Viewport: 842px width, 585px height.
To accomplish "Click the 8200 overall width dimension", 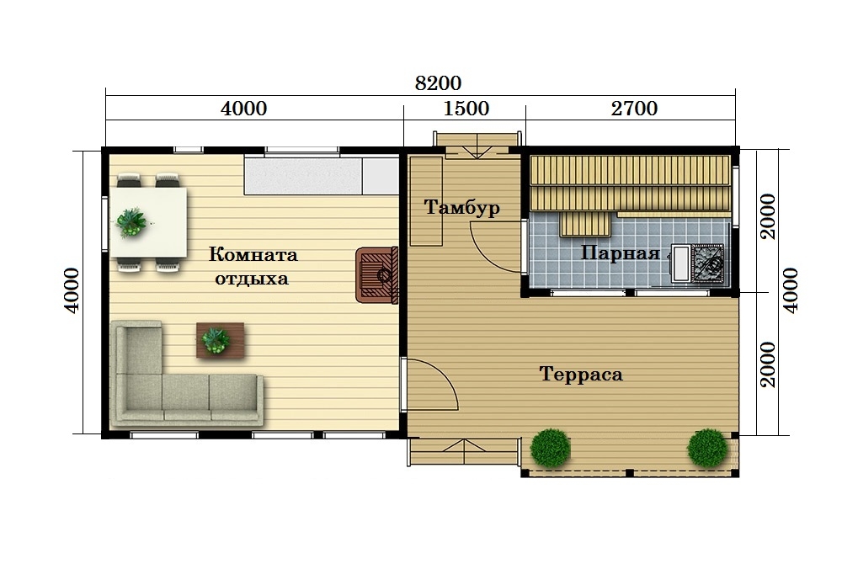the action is (x=438, y=83).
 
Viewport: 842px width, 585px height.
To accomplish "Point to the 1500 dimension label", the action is (x=466, y=109).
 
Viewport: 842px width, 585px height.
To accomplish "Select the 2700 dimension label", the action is (x=634, y=109).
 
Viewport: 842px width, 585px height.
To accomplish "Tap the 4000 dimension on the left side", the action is (x=71, y=290).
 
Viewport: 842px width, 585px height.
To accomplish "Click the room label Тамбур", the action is (x=461, y=207).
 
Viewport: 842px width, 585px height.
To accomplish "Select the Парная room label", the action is (x=621, y=253).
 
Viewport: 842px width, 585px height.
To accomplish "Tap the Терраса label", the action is (x=581, y=374).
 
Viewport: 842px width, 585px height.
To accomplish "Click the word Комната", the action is (x=253, y=254).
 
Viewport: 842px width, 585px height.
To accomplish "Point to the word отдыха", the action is (x=252, y=279).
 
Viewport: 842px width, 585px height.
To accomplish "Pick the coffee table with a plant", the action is (x=220, y=340).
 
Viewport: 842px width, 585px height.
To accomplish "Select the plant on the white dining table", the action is (x=131, y=221).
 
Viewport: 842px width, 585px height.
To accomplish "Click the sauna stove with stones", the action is (x=708, y=263).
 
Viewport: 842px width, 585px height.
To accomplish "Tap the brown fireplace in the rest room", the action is (x=376, y=274).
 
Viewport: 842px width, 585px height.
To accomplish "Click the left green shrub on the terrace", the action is (x=550, y=448).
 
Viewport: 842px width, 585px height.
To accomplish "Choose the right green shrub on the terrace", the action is (x=708, y=447).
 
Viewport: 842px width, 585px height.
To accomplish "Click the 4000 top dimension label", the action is (x=244, y=109).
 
